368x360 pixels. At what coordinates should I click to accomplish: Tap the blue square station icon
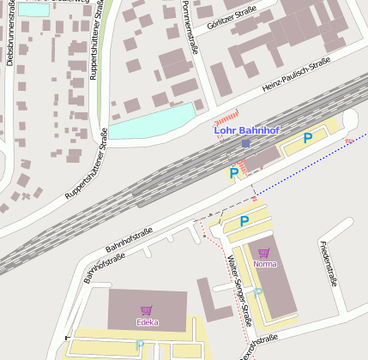[x=246, y=143]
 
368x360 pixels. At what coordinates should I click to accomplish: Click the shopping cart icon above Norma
[x=263, y=253]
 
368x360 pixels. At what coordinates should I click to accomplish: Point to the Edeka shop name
[x=147, y=322]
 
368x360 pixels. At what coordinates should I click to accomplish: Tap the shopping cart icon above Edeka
[x=147, y=311]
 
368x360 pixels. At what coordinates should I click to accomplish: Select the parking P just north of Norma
[x=244, y=221]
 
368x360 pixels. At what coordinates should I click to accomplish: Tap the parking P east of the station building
[x=308, y=137]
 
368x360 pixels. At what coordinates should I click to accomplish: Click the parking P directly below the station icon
[x=233, y=172]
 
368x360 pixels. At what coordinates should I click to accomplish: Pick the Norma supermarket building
[x=273, y=274]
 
